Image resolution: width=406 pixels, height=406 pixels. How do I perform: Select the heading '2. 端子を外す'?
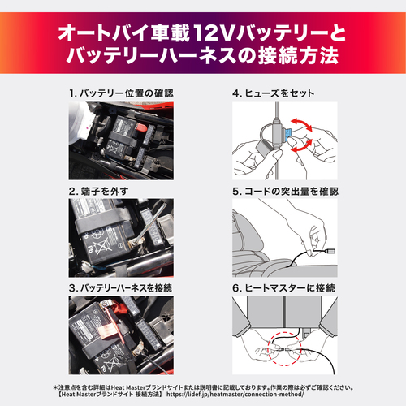pyautogui.click(x=99, y=191)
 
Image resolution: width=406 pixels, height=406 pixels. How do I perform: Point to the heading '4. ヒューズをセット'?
pyautogui.click(x=273, y=93)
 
